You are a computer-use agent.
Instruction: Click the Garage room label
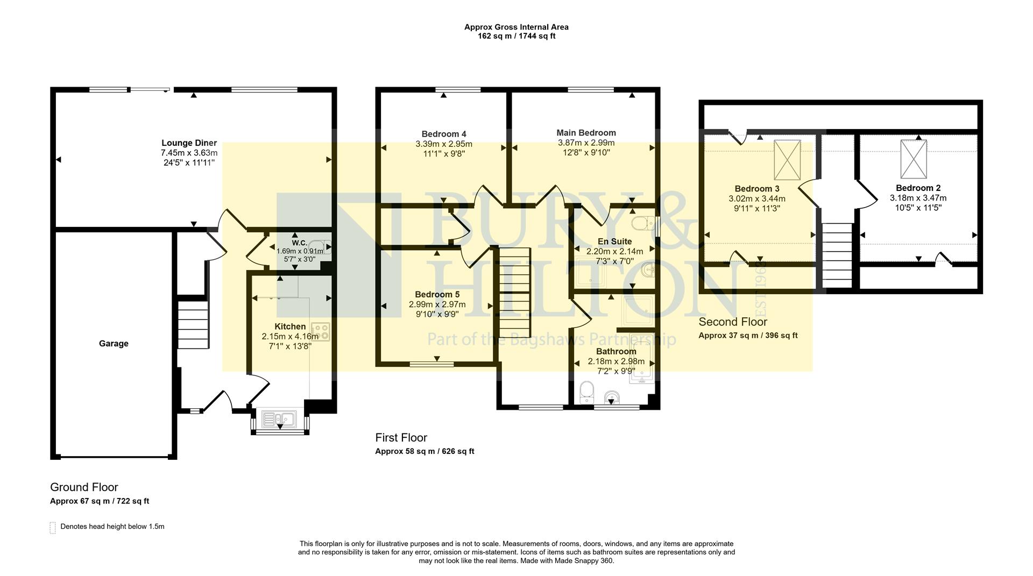pos(114,344)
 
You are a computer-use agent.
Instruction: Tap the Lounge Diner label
pos(189,143)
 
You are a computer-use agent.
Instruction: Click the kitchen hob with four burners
pos(321,331)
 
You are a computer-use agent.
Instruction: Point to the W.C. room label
pos(299,243)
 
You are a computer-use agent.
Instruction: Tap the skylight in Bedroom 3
pos(787,160)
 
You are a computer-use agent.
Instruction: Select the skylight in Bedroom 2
pos(914,159)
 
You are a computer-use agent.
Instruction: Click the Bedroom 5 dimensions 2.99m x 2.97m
pos(437,304)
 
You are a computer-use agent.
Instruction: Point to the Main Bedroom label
pos(586,133)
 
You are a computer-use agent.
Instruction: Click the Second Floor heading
pos(732,322)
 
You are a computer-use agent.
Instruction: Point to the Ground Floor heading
pos(84,487)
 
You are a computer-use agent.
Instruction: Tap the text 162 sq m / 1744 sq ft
pos(516,36)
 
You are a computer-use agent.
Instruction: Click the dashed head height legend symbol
pos(53,527)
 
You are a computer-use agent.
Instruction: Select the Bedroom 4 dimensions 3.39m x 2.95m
pos(443,144)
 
